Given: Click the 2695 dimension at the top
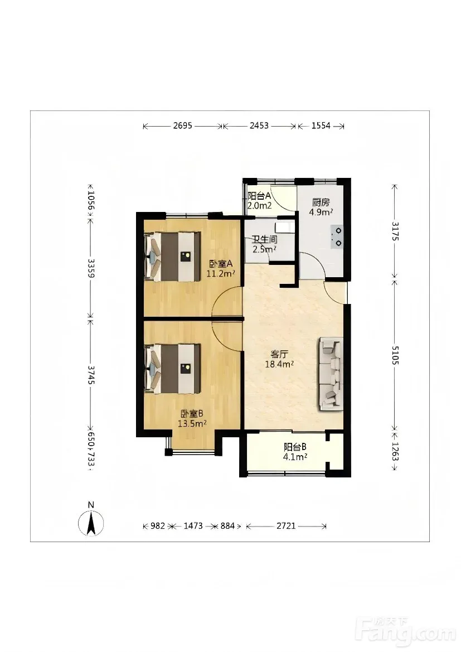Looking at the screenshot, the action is pyautogui.click(x=182, y=125).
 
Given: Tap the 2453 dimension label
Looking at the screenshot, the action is pyautogui.click(x=259, y=125).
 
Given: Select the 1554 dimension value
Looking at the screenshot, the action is pyautogui.click(x=321, y=125).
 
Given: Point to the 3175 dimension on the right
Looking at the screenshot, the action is pyautogui.click(x=395, y=231).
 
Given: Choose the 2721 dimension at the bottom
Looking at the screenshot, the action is pyautogui.click(x=286, y=526).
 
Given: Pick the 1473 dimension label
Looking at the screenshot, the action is pyautogui.click(x=193, y=526).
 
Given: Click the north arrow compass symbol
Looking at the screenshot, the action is pyautogui.click(x=91, y=522).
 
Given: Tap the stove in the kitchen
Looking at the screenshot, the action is pyautogui.click(x=337, y=237).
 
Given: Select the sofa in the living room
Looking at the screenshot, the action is pyautogui.click(x=331, y=374).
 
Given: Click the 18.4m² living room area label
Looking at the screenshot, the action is pyautogui.click(x=280, y=364).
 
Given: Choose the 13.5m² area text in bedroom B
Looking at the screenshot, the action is pyautogui.click(x=192, y=424).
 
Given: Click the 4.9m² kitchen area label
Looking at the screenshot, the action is pyautogui.click(x=321, y=212).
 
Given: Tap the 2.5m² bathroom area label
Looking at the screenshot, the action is pyautogui.click(x=265, y=249).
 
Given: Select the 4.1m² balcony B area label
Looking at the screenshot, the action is pyautogui.click(x=295, y=457).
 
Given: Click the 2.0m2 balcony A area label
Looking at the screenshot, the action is pyautogui.click(x=259, y=205).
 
